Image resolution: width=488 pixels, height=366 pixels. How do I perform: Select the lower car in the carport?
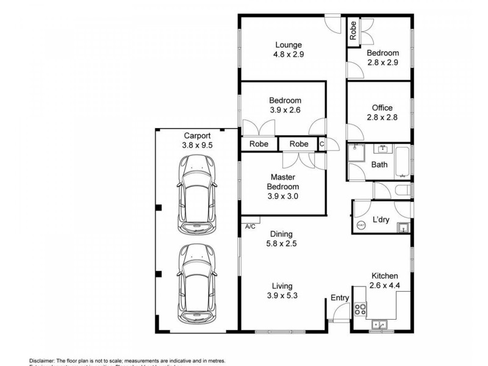197,284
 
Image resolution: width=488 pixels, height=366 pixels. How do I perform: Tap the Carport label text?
197,135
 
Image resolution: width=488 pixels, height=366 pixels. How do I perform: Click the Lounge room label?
289,45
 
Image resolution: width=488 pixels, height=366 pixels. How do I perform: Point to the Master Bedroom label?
284,182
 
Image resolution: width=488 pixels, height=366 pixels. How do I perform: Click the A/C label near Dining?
250,226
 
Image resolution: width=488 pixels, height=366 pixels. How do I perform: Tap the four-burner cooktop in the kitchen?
359,309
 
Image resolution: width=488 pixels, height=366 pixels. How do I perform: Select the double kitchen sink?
379,325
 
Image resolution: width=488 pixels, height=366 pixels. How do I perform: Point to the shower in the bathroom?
356,152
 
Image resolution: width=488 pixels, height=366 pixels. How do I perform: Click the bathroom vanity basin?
384,148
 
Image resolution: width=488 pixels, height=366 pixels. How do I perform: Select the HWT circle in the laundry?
361,225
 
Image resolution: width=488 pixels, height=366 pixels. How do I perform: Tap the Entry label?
340,298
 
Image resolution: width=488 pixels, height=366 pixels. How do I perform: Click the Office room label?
382,108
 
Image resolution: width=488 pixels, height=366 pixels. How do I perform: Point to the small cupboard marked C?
321,144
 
